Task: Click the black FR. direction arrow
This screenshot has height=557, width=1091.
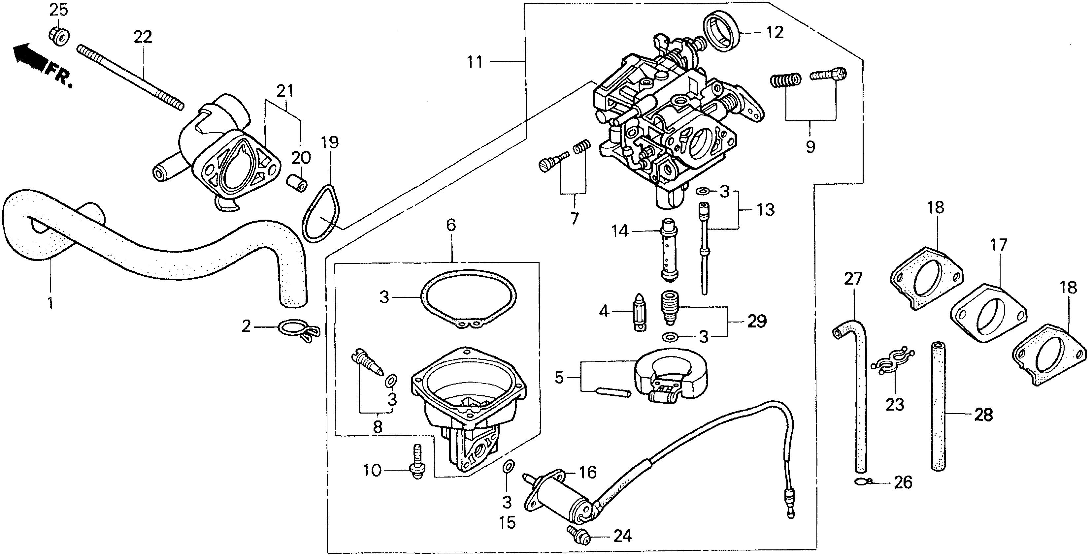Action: (x=29, y=57)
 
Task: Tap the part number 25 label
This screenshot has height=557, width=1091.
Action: (x=58, y=10)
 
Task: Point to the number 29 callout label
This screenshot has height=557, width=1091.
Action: (x=757, y=321)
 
